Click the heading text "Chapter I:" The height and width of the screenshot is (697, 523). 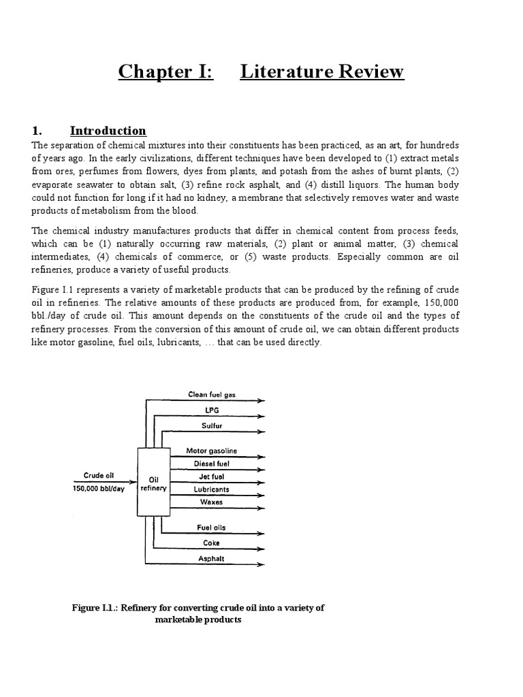click(166, 71)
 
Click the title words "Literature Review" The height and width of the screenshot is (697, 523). click(322, 71)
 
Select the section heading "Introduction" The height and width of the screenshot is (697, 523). click(108, 131)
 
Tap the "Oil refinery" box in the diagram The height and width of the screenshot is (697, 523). click(153, 483)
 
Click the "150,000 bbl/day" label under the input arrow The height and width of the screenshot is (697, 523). click(99, 489)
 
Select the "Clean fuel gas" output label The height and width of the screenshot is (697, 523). click(212, 394)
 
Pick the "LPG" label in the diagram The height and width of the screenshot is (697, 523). click(212, 410)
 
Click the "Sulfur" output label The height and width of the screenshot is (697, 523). click(212, 425)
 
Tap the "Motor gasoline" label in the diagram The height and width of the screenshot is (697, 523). click(212, 451)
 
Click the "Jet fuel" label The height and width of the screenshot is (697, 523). click(212, 476)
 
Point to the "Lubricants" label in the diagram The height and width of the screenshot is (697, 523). click(212, 489)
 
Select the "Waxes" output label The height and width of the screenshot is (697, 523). click(212, 502)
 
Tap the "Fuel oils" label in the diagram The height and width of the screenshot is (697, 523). click(212, 528)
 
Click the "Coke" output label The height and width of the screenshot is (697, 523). click(212, 542)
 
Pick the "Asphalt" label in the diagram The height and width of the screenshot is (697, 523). click(212, 558)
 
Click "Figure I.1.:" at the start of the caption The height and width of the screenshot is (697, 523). click(95, 608)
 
